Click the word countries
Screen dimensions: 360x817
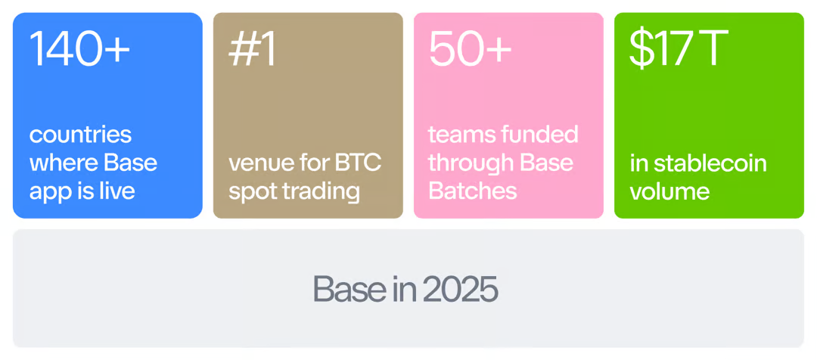click(80, 135)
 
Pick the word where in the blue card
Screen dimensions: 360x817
click(63, 163)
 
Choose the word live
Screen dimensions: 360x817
click(116, 191)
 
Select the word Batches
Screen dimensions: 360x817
click(473, 191)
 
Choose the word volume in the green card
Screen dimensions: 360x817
click(669, 191)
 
